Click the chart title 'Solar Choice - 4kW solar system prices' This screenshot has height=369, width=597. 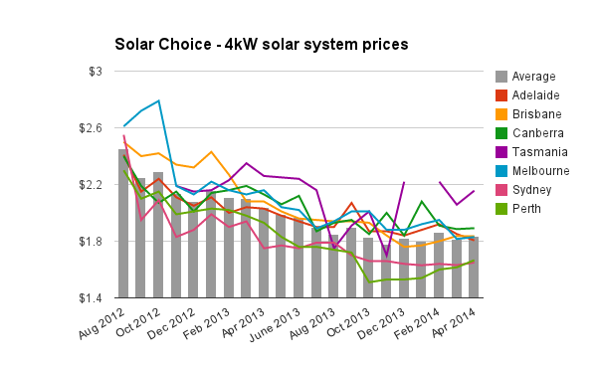click(x=261, y=45)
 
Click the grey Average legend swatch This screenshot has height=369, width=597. click(x=502, y=76)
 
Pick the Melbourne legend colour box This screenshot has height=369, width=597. click(x=502, y=170)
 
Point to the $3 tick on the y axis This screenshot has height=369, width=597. click(x=96, y=72)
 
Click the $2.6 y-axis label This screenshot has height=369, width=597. click(x=91, y=128)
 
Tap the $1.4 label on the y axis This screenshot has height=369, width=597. click(x=91, y=298)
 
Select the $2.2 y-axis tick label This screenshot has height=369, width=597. click(x=91, y=185)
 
